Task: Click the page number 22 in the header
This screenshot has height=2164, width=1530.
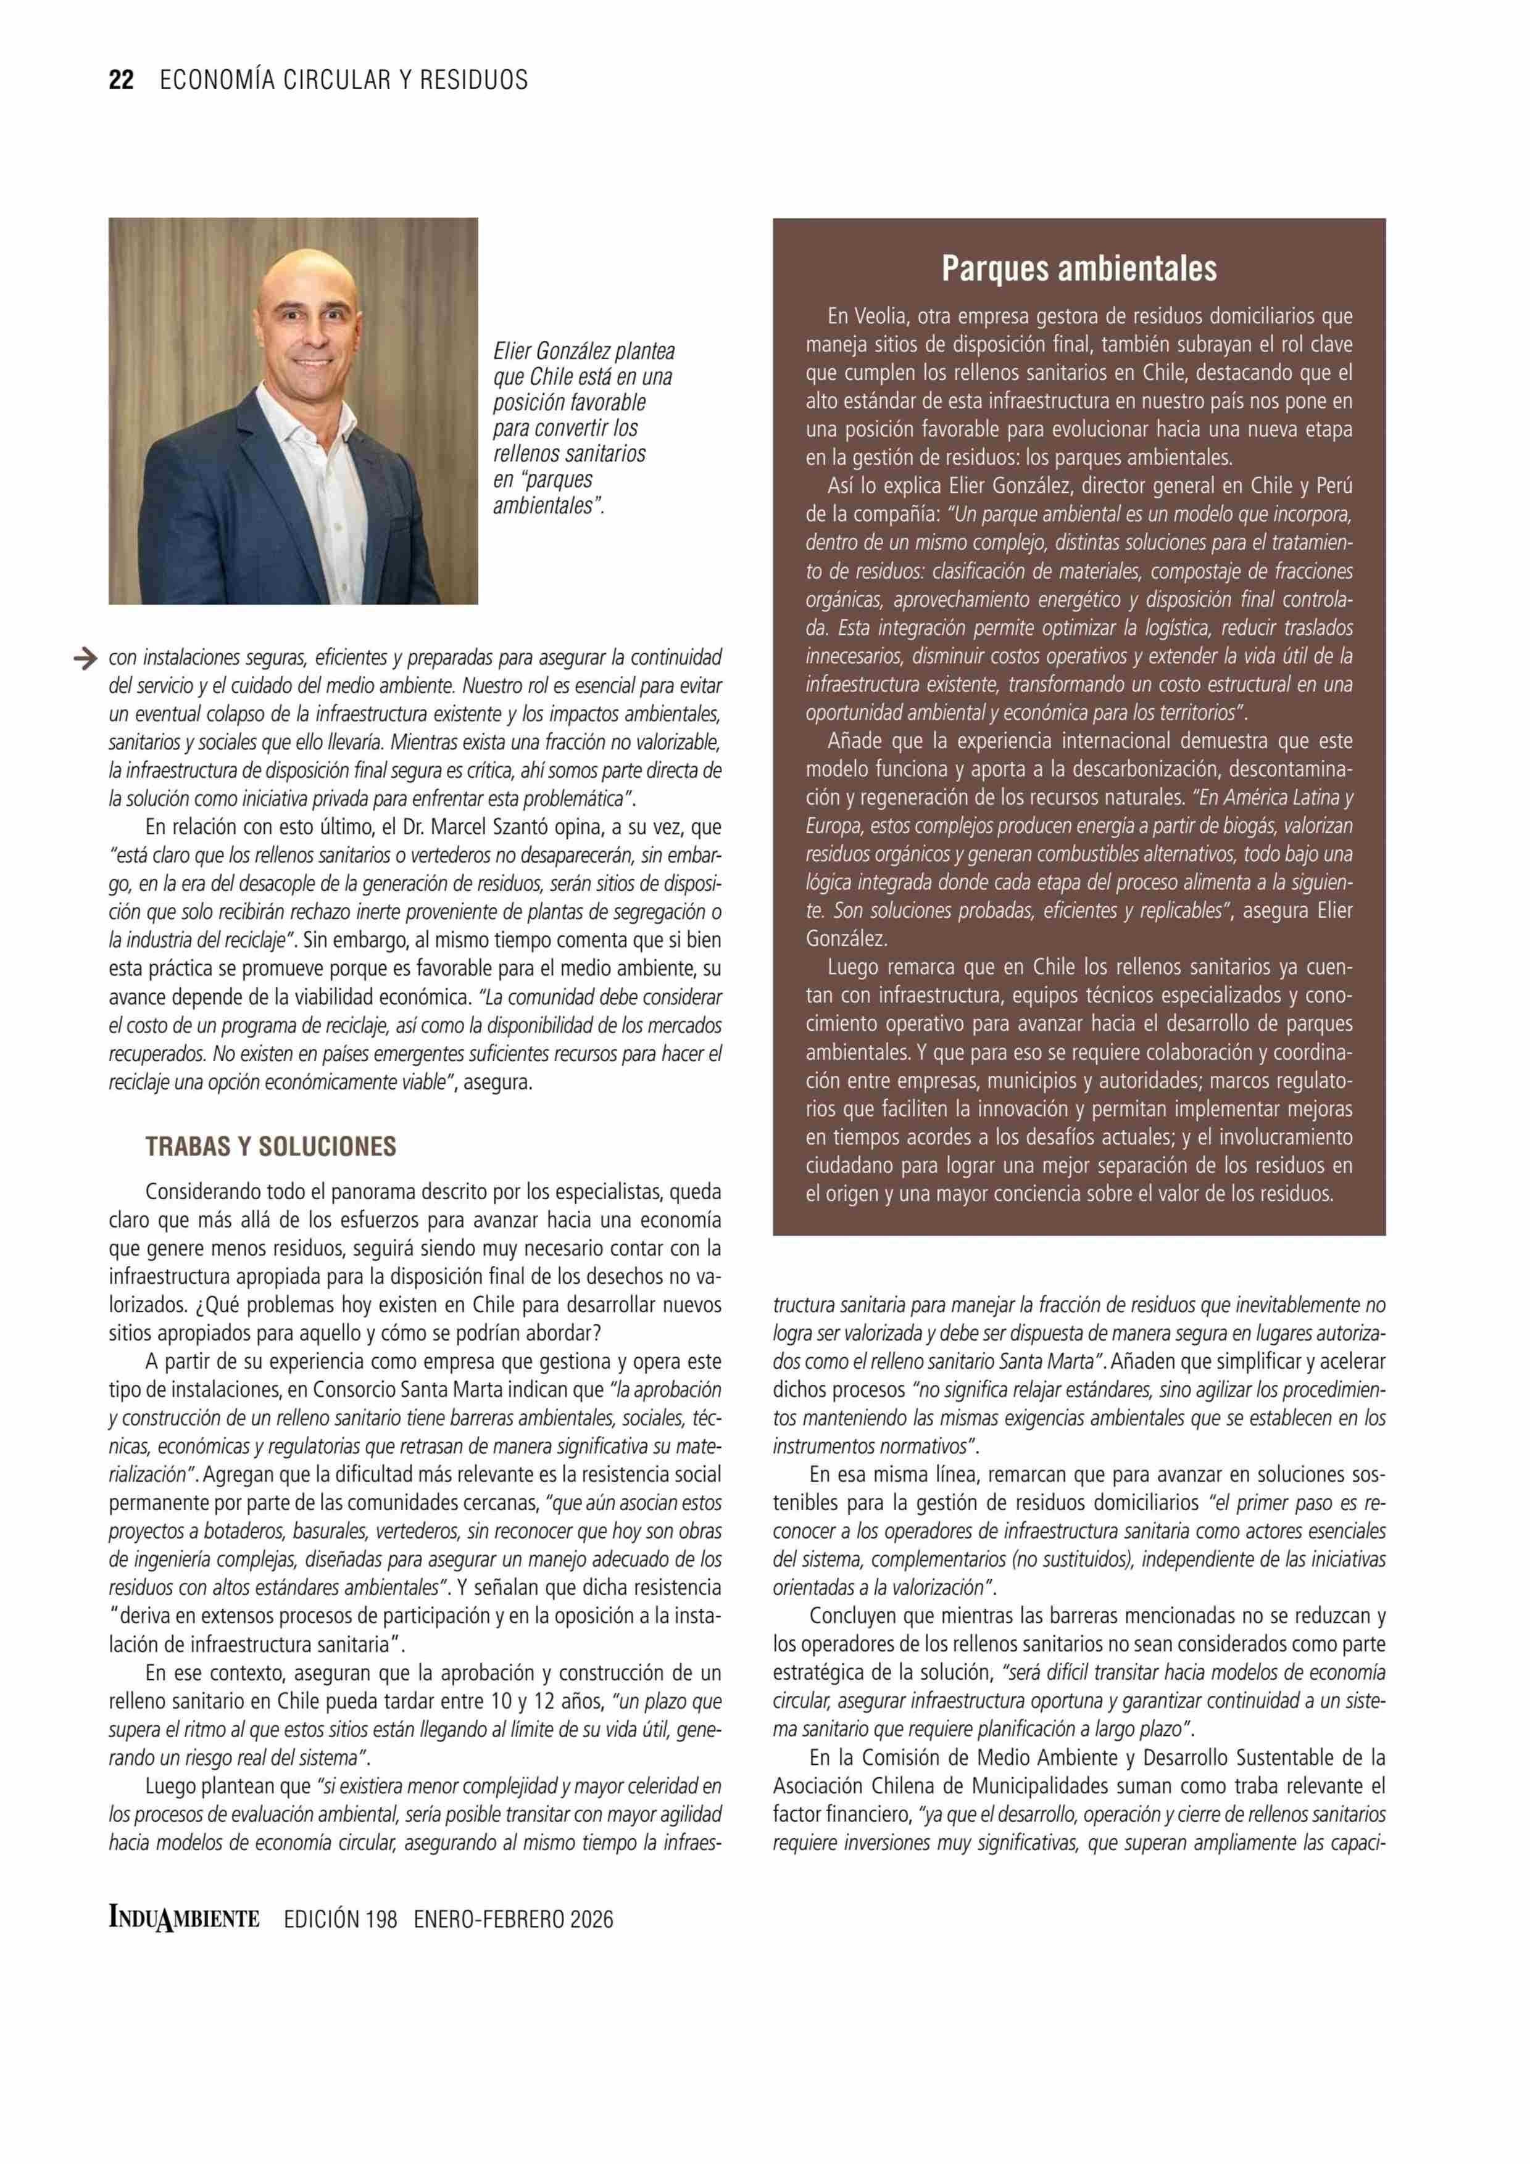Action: tap(122, 80)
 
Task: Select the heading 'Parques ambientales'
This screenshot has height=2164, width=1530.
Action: tap(1078, 270)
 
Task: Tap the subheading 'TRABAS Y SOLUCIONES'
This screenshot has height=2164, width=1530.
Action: tap(270, 1147)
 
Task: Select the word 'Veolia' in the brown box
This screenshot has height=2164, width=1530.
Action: tap(883, 316)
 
